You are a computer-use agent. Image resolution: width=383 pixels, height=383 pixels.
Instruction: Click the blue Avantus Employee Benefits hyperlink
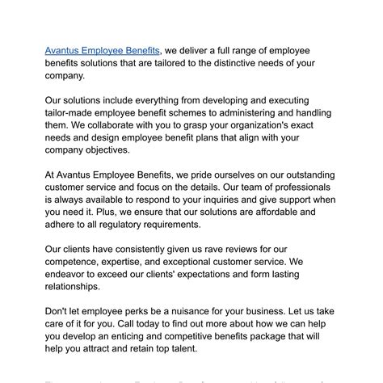point(103,50)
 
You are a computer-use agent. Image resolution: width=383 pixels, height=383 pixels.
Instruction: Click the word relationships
point(73,288)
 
